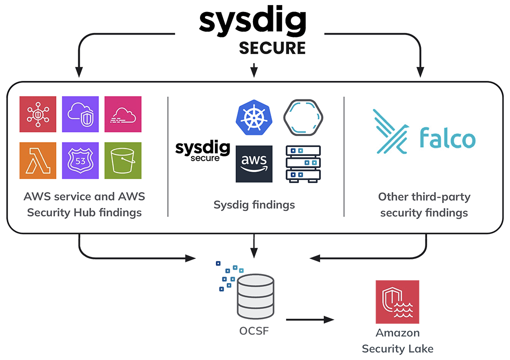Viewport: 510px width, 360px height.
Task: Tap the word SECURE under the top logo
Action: pos(271,48)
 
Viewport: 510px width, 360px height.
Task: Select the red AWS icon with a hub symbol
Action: pos(37,114)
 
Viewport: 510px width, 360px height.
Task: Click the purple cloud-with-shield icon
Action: pos(80,114)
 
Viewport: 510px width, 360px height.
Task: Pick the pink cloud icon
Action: pos(122,114)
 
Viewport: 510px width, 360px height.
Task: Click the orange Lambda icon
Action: pos(37,160)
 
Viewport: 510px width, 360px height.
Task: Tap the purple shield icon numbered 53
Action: pos(80,160)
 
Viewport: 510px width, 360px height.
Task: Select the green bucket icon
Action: pos(122,160)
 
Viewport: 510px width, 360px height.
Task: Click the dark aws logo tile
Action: pos(254,164)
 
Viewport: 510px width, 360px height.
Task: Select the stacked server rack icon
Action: pos(303,164)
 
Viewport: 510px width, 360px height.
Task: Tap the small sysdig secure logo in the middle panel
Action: pos(202,151)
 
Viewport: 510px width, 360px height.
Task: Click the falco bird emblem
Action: pos(390,131)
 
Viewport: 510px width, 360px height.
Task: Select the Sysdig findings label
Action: pos(254,204)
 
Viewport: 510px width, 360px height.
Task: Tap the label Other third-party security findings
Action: pos(424,204)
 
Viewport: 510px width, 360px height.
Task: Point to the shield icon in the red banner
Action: pos(393,302)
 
